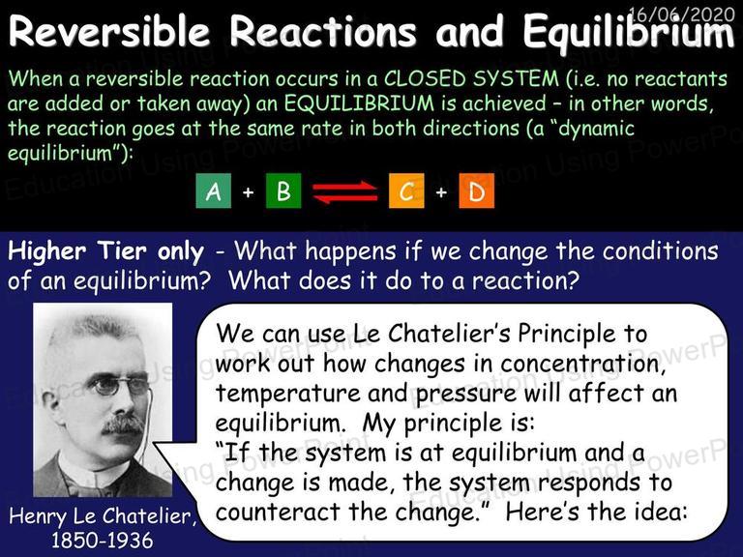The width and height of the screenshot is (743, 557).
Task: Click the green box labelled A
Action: point(213,191)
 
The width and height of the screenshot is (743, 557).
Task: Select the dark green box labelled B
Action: point(283,191)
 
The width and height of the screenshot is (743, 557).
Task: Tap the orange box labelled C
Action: point(406,191)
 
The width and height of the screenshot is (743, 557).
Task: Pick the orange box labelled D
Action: point(476,191)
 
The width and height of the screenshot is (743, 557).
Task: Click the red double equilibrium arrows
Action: point(345,191)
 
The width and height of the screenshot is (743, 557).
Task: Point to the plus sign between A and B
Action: point(248,192)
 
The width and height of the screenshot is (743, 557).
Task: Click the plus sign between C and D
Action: point(441,192)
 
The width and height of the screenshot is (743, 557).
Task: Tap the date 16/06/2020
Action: point(681,15)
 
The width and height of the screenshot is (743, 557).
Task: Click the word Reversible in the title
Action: point(109,31)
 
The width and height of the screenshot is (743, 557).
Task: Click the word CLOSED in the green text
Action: point(424,78)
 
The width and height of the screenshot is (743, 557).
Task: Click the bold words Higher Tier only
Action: point(106,251)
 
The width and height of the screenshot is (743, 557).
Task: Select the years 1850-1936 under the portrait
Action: point(103,540)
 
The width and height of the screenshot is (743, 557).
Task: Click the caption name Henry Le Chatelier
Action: point(102,515)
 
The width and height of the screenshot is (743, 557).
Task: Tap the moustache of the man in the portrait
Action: point(123,424)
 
